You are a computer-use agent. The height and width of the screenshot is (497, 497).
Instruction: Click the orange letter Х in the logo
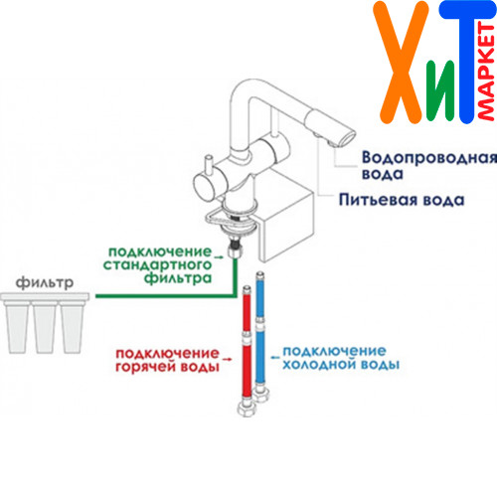coord(402,63)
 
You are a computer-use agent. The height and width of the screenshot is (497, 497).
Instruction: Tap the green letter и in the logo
coord(440,90)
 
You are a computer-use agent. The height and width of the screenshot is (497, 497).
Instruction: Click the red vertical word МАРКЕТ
coord(486,72)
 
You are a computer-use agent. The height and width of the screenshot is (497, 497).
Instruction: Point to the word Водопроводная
coord(429,158)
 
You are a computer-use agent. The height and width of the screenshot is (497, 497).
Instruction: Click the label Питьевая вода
coord(402,200)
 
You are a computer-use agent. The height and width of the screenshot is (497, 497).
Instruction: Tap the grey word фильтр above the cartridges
coord(45,282)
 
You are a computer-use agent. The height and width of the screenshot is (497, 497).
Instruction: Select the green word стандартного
coord(157,265)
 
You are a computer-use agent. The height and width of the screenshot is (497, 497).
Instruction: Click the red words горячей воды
coord(167,367)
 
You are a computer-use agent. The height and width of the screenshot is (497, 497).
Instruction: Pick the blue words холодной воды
coord(341,364)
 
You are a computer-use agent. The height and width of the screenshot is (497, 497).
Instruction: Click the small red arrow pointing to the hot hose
coord(227,359)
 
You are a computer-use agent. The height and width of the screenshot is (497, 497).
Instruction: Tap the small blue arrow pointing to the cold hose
coord(275,357)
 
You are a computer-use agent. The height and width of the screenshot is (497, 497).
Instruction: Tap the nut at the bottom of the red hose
coord(247,408)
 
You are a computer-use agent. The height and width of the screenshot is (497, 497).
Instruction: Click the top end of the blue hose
coord(260,274)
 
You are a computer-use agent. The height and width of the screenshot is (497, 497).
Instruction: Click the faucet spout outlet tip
coord(344,139)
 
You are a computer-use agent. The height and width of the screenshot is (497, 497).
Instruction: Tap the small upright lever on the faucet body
coord(209,165)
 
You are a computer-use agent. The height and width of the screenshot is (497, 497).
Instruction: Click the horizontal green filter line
coord(166,296)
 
